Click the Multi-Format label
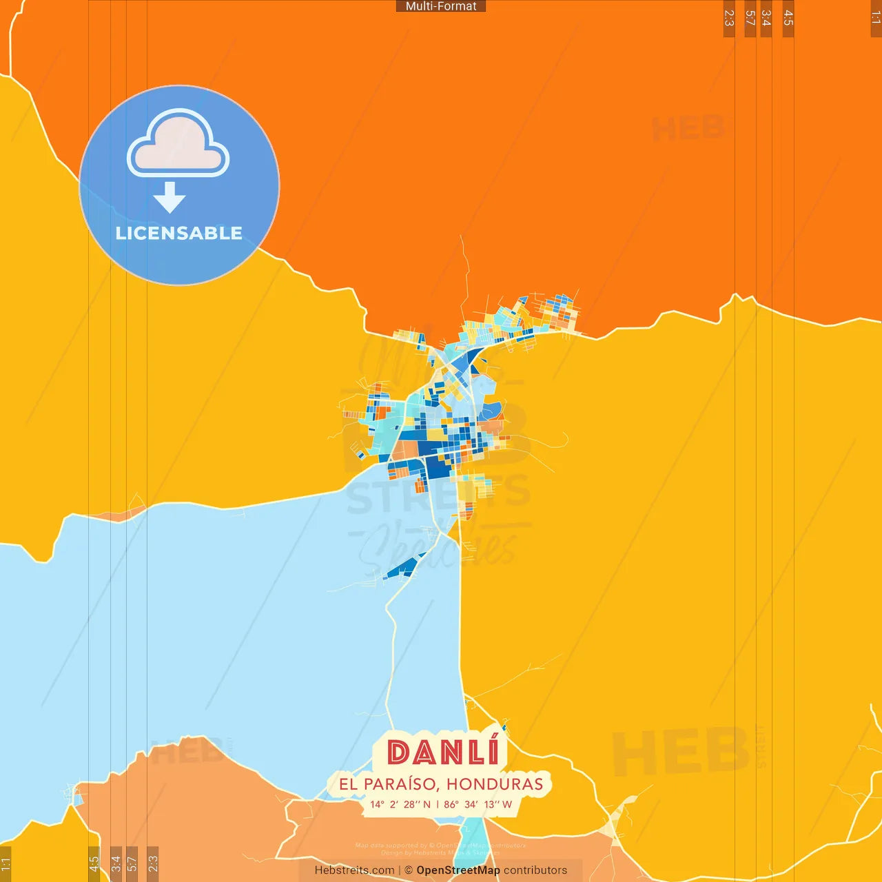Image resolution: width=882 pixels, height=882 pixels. pyautogui.click(x=441, y=6)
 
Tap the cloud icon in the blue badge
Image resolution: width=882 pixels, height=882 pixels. pyautogui.click(x=178, y=143)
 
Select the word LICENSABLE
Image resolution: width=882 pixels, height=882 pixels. pyautogui.click(x=178, y=233)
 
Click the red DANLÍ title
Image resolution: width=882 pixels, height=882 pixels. pyautogui.click(x=442, y=752)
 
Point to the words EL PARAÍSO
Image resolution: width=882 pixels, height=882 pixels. pyautogui.click(x=387, y=784)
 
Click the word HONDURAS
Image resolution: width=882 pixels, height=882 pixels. pyautogui.click(x=495, y=784)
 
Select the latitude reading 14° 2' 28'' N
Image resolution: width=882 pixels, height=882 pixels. pyautogui.click(x=400, y=804)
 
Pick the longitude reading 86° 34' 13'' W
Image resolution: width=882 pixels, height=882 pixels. pyautogui.click(x=478, y=804)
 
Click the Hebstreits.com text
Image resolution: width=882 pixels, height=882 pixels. pyautogui.click(x=354, y=870)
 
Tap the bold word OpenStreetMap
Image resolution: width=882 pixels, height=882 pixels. pyautogui.click(x=458, y=870)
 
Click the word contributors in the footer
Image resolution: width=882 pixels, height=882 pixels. pyautogui.click(x=535, y=870)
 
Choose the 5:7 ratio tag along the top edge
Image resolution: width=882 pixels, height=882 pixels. pyautogui.click(x=750, y=19)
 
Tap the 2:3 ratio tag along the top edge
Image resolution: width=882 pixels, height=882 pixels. pyautogui.click(x=729, y=19)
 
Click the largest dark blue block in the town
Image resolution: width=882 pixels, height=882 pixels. pyautogui.click(x=437, y=469)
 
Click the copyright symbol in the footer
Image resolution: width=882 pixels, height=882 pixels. pyautogui.click(x=409, y=870)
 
